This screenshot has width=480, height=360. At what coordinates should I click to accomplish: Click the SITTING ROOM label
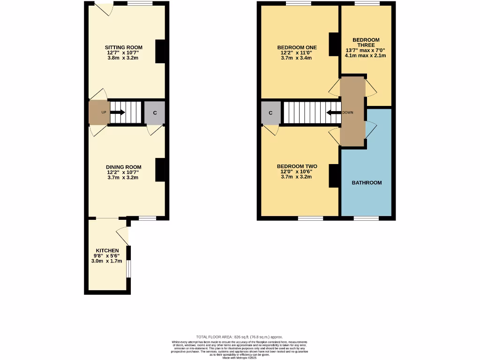(x=123, y=47)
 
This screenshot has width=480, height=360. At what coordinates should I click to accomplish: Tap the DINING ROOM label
(x=123, y=167)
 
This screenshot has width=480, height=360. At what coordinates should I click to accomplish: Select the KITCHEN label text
(x=107, y=251)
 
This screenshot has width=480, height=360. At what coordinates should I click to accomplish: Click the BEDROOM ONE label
(x=297, y=47)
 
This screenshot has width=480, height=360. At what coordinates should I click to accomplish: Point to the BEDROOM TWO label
(x=297, y=166)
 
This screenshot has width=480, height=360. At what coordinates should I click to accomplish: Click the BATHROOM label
(x=367, y=182)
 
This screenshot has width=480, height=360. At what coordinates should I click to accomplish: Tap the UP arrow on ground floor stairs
(x=117, y=112)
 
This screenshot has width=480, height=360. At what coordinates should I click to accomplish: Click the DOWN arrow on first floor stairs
(x=333, y=112)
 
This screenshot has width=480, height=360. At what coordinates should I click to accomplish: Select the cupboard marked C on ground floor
(x=154, y=113)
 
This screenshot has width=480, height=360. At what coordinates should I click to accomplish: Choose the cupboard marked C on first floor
(x=271, y=113)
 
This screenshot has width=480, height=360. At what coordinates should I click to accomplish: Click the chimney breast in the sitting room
(x=161, y=51)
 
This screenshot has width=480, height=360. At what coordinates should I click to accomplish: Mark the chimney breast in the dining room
(x=161, y=170)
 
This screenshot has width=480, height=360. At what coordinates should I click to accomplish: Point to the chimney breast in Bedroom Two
(x=334, y=176)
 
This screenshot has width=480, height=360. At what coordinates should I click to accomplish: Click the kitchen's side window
(x=128, y=269)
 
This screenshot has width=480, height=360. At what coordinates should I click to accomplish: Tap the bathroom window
(x=366, y=218)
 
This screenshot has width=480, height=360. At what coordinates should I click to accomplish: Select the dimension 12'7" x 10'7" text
(x=123, y=53)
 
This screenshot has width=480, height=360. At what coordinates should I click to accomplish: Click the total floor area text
(x=240, y=337)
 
